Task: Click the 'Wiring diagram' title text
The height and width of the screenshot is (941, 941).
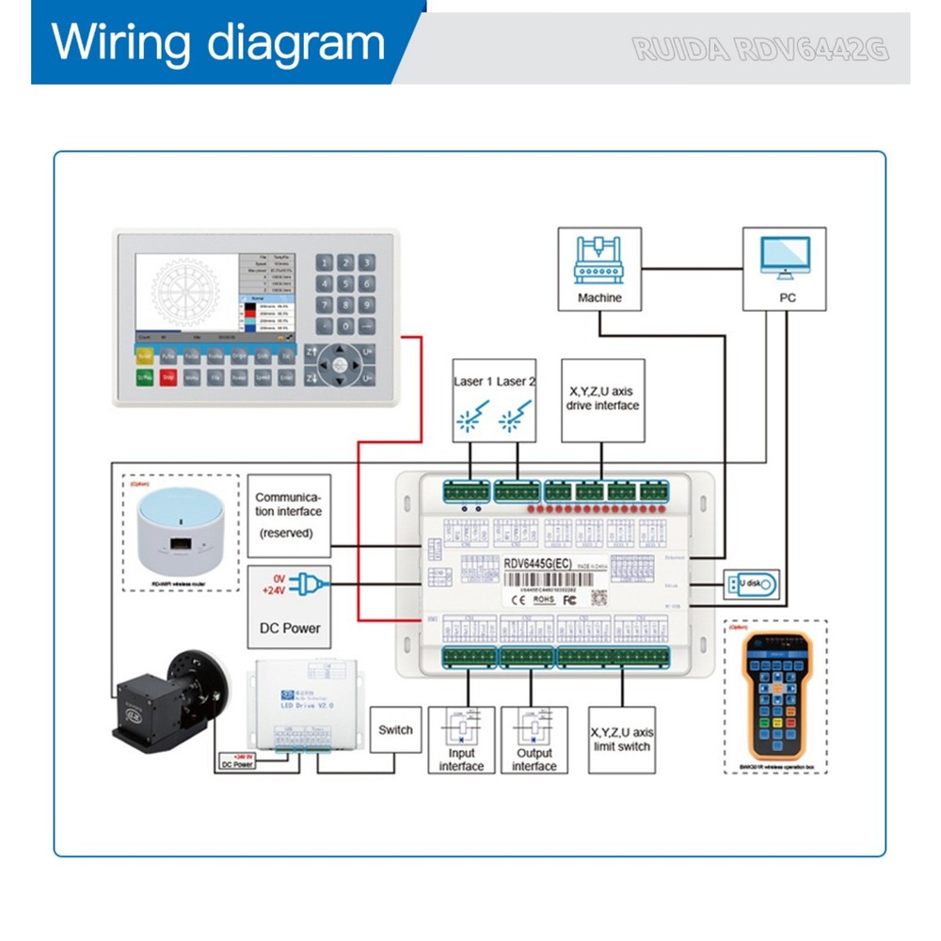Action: click(218, 43)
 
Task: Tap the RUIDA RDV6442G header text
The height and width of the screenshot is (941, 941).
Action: click(760, 49)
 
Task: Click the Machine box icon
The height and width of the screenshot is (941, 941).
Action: click(599, 259)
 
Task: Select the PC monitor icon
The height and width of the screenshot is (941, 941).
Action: click(784, 258)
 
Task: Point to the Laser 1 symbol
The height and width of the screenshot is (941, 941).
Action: click(470, 418)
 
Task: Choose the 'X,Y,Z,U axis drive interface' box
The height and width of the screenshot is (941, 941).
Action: click(602, 400)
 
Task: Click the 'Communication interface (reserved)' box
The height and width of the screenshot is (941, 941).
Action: click(290, 515)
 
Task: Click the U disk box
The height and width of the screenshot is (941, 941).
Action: click(750, 584)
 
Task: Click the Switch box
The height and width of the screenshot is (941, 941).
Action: click(395, 729)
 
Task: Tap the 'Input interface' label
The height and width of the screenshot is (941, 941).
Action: click(461, 759)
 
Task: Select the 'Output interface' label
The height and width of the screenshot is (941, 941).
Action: click(534, 759)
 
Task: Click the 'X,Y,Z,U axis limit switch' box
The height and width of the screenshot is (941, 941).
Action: click(620, 739)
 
